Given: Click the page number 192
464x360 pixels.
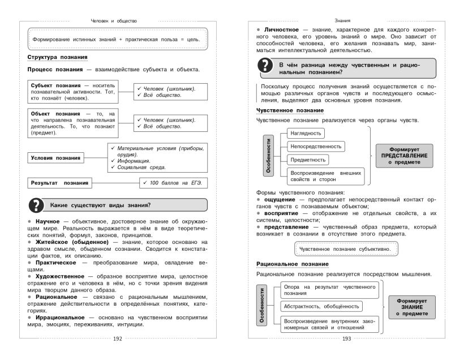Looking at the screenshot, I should pyautogui.click(x=118, y=338).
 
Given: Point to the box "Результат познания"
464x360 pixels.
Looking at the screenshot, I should pyautogui.click(x=59, y=183).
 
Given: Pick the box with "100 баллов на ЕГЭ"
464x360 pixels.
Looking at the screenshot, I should pyautogui.click(x=171, y=182).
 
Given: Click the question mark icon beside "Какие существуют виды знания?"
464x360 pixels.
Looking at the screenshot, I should pyautogui.click(x=35, y=204).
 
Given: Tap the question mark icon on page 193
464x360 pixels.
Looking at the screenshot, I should pyautogui.click(x=265, y=67).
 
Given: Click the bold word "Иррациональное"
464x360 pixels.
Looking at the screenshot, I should pyautogui.click(x=59, y=317).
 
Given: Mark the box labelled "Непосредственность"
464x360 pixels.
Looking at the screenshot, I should pyautogui.click(x=315, y=146).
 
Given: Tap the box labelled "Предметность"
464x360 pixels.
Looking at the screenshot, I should pyautogui.click(x=306, y=160).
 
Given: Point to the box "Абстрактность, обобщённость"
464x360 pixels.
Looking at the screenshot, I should pyautogui.click(x=320, y=306).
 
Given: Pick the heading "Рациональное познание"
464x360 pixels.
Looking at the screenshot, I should pyautogui.click(x=293, y=264).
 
